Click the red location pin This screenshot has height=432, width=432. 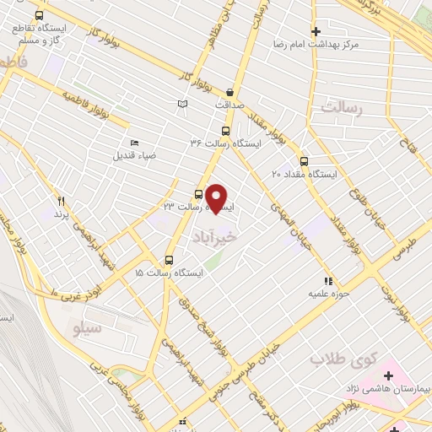pos(217,197)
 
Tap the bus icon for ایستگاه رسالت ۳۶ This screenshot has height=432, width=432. pos(225,131)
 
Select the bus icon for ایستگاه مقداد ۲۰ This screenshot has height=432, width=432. pos(305,161)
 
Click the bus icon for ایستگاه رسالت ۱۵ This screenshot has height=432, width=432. pos(170,260)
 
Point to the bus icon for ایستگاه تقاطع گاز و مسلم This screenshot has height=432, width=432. pos(39,16)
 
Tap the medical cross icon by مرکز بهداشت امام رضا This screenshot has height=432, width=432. pos(316,31)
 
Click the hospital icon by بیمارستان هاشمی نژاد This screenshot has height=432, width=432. pos(389,375)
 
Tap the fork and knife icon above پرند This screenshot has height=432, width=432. pos(61,201)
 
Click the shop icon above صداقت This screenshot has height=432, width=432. pos(231,93)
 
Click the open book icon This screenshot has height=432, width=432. pos(182,103)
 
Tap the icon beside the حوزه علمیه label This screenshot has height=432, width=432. pos(328,282)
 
